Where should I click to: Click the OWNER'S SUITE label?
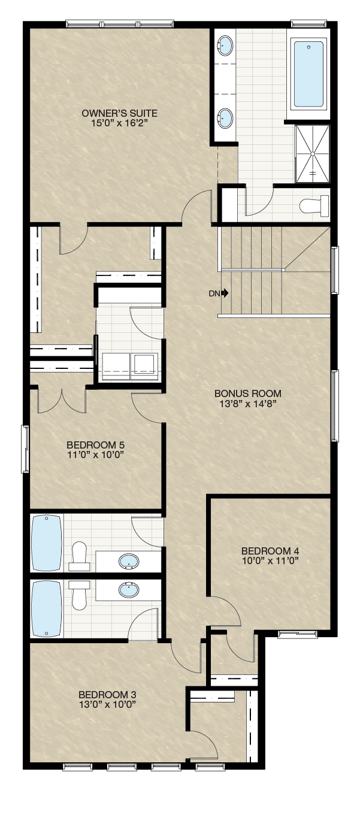119,113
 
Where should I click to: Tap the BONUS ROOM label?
247,393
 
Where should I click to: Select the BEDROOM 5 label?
95,445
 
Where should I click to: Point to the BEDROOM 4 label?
270,551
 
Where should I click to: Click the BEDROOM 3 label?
107,695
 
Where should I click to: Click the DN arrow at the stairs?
225,293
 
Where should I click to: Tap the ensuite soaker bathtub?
308,74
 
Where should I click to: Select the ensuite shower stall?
313,154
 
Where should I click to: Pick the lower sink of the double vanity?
225,117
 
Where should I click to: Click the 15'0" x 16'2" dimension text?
119,123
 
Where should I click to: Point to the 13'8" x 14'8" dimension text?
247,404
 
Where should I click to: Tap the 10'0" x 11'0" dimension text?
270,561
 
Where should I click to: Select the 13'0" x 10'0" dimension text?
107,704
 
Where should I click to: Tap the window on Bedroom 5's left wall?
26,449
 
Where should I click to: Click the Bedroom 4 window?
298,634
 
